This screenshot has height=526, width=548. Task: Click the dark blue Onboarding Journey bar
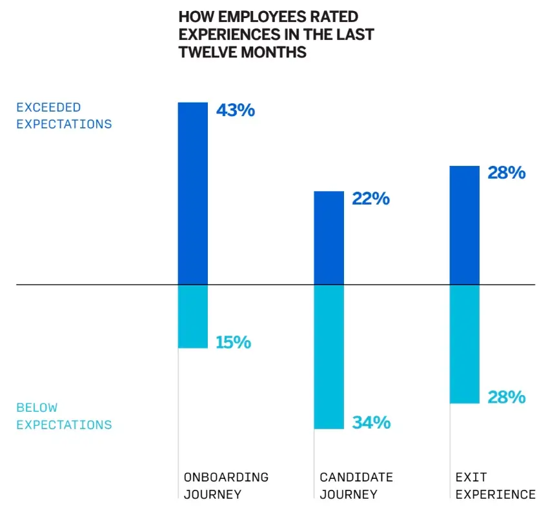coord(193,192)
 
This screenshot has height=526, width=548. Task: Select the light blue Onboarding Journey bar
coord(193,316)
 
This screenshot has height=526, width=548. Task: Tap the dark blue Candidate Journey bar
coord(329,238)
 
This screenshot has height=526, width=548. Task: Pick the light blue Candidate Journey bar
coord(329,356)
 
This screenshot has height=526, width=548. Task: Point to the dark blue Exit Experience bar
coord(464,225)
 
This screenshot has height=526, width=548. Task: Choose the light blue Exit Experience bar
coord(464,343)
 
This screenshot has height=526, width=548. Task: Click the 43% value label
coord(235,110)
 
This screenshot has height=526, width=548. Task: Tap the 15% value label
coord(233,342)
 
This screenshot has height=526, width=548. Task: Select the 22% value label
coord(370,199)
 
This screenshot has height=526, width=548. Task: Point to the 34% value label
coord(371,423)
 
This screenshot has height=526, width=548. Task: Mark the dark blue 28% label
coord(506,173)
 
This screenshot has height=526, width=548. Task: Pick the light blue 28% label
coord(506,397)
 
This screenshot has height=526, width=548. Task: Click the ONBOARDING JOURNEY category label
coord(226,486)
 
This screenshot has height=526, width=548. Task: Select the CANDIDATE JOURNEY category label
coord(356,486)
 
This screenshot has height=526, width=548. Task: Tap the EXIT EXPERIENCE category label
coord(495,486)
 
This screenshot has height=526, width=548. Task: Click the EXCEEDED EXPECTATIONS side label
coord(64,116)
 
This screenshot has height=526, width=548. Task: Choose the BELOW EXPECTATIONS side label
coord(64,416)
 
